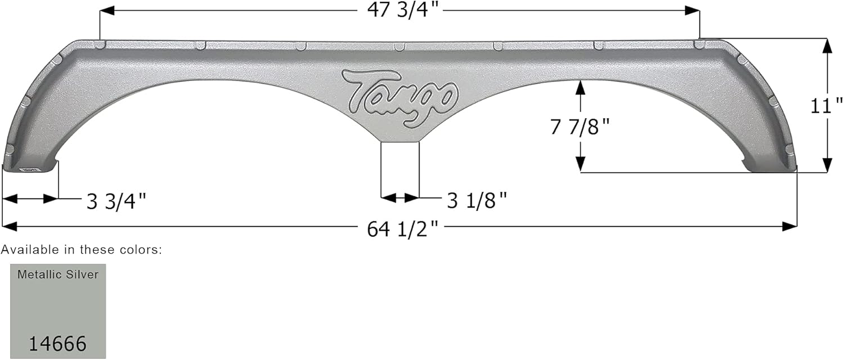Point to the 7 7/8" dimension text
tap(580, 127)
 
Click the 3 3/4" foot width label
tap(116, 200)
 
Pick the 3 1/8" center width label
tap(477, 200)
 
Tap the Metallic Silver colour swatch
tap(58, 311)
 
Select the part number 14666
tap(58, 343)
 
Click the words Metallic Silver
tap(58, 274)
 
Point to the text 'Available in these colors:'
tap(82, 250)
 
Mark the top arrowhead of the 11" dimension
tap(827, 46)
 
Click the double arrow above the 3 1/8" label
tap(400, 198)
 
